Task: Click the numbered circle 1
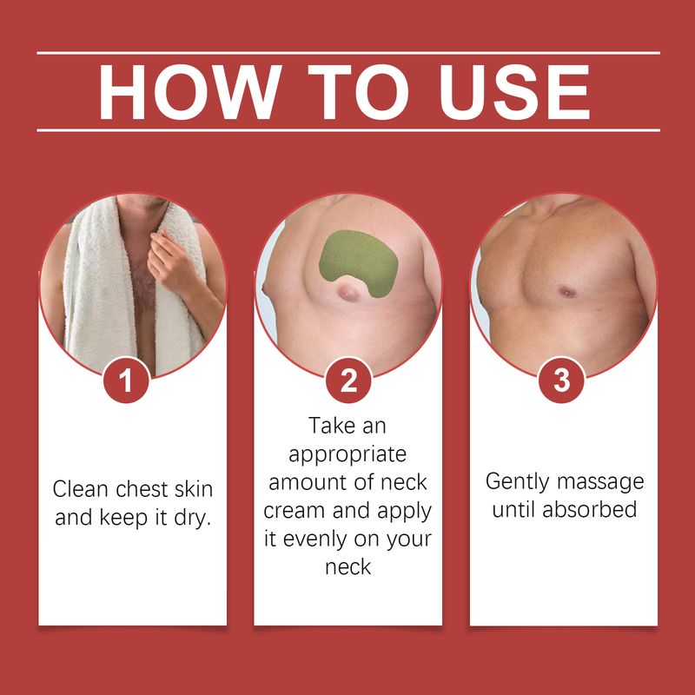[126, 380]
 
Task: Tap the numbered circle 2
[348, 380]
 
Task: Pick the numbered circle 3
[561, 380]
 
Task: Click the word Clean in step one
[80, 489]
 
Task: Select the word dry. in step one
[192, 518]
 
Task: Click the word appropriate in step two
[347, 455]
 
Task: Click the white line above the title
[348, 53]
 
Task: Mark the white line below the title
[348, 130]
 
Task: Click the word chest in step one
[141, 489]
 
